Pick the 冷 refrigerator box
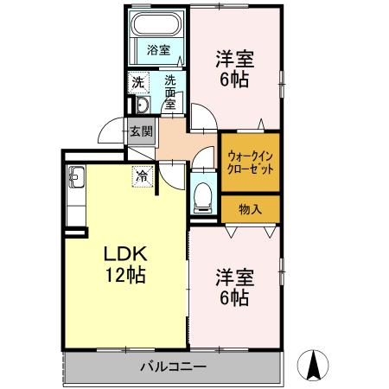[142, 175]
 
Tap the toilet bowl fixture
[203, 194]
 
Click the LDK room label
[128, 256]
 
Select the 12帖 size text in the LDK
[126, 277]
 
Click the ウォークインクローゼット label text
[251, 163]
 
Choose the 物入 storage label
[250, 208]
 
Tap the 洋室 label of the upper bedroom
[233, 61]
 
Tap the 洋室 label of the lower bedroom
[233, 278]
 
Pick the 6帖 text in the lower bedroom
[233, 299]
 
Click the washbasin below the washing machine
[142, 106]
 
